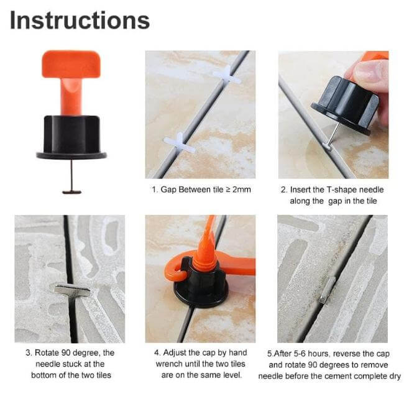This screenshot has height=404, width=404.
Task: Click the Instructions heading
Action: click(x=80, y=20)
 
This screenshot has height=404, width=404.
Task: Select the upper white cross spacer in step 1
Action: click(x=226, y=75)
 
